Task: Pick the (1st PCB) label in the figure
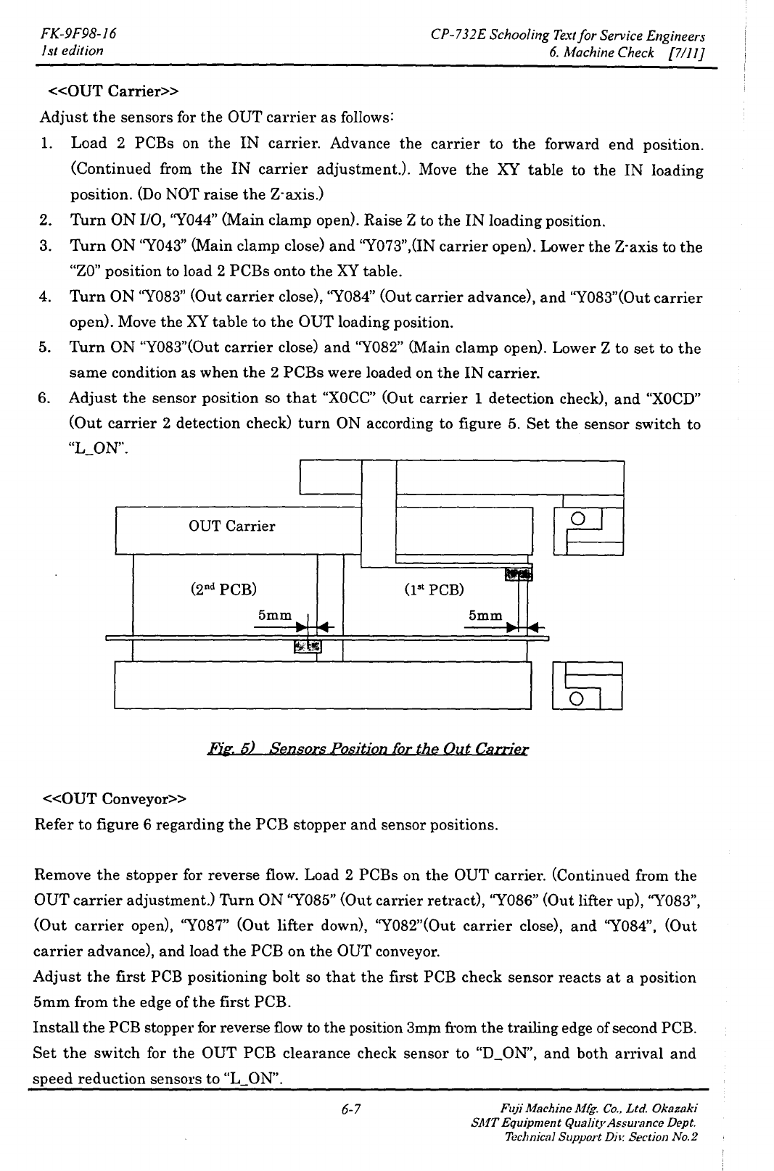point(433,589)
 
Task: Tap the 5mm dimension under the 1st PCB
point(485,615)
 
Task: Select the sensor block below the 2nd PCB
point(308,645)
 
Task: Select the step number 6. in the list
point(46,398)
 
